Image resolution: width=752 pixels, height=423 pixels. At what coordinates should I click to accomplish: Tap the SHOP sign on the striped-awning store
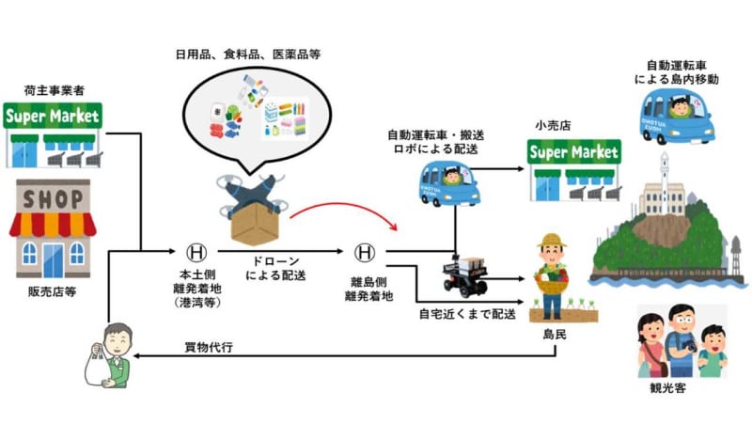click(53, 196)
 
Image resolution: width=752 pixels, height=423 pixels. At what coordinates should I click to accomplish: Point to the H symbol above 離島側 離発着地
click(365, 252)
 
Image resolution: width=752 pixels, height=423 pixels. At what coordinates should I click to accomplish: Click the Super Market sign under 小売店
click(573, 151)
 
